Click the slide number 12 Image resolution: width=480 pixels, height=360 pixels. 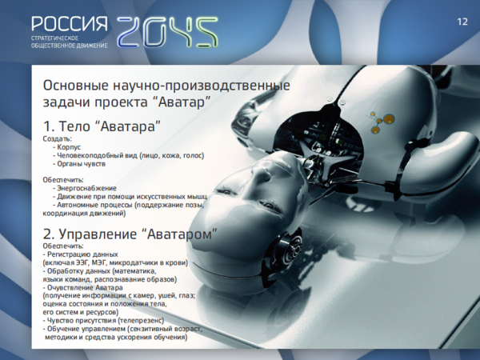[x=462, y=22]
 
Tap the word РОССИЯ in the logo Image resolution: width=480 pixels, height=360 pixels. [x=70, y=24]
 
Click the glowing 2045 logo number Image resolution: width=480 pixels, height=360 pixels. [x=167, y=32]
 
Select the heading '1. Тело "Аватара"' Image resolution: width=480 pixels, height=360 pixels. [x=102, y=126]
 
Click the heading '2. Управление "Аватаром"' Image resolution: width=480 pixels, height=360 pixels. [x=130, y=234]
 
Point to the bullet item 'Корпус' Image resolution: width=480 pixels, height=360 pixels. [x=66, y=147]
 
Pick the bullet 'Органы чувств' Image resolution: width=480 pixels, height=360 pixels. [x=79, y=164]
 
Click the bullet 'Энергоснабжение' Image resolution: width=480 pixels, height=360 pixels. [x=85, y=188]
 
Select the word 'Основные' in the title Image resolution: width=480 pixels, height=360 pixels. [x=76, y=86]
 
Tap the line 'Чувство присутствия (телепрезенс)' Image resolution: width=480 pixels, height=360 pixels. [x=103, y=321]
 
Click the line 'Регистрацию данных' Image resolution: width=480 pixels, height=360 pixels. [x=80, y=254]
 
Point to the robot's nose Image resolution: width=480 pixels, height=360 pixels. [x=260, y=176]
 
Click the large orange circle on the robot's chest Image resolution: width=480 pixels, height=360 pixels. [x=389, y=118]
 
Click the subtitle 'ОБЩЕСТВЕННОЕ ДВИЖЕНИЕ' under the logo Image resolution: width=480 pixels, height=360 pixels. [x=70, y=46]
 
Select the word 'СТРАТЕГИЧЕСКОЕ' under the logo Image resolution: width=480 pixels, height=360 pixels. [x=54, y=38]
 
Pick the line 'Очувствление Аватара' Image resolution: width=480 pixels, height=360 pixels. [x=82, y=288]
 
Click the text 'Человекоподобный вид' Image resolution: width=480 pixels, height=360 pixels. [x=97, y=155]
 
